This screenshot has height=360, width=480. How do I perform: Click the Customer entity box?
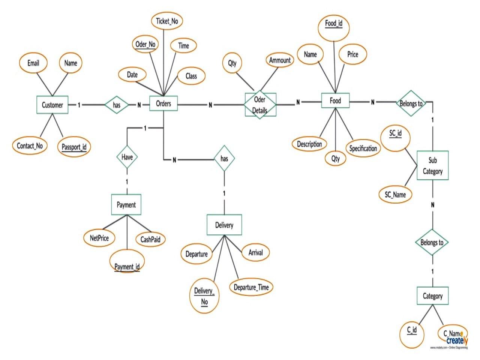(x=52, y=105)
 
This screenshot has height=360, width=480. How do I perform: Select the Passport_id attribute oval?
(x=74, y=147)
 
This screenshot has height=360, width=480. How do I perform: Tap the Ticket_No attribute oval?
(x=167, y=21)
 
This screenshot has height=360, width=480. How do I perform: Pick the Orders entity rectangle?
(x=163, y=103)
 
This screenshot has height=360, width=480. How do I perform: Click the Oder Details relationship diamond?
(x=260, y=105)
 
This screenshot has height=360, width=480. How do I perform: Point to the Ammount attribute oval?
(x=280, y=60)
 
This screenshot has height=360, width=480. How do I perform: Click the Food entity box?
(x=335, y=100)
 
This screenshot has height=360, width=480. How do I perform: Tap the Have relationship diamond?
(x=127, y=157)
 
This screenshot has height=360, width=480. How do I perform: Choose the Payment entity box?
(x=126, y=205)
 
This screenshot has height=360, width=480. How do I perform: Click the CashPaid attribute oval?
(x=151, y=239)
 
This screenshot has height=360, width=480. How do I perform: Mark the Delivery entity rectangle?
(x=224, y=225)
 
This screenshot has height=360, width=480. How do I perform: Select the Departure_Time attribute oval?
(x=251, y=287)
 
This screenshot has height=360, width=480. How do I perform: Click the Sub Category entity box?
(x=432, y=166)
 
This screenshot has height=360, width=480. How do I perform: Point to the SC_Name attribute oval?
(x=395, y=195)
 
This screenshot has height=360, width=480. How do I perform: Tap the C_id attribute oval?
(x=412, y=330)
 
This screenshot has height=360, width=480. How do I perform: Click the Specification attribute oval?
(x=363, y=148)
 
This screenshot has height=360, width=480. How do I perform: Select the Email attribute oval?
(x=33, y=63)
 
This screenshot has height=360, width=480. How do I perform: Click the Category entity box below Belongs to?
(x=433, y=296)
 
